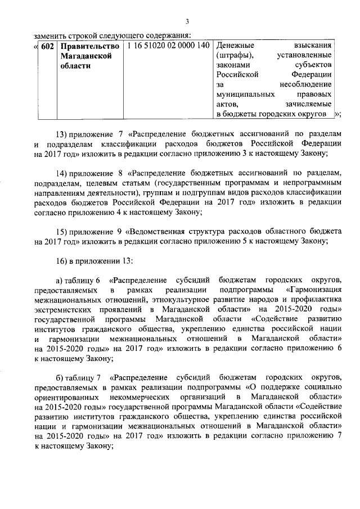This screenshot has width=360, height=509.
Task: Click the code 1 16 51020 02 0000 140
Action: tap(169, 45)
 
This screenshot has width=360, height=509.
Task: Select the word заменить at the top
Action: tap(49, 33)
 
